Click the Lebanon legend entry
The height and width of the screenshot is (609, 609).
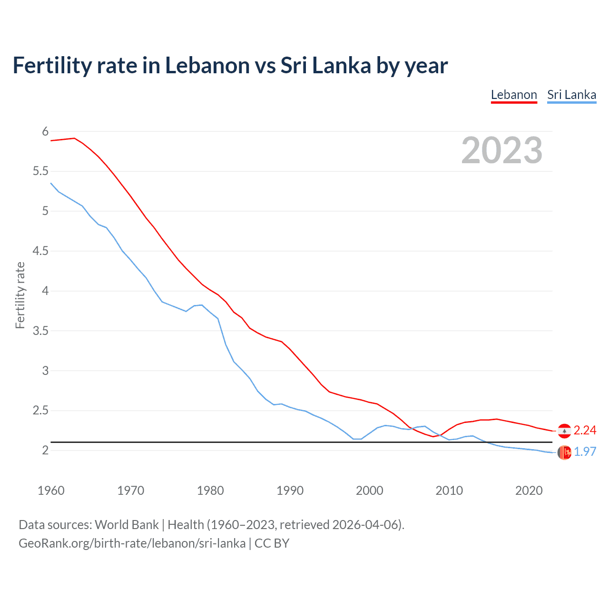[514, 95]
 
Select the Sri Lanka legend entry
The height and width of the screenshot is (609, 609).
[571, 95]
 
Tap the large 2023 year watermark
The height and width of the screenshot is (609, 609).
[501, 150]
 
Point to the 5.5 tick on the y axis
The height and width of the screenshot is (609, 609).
[41, 171]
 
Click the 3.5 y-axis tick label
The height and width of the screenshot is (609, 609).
[41, 331]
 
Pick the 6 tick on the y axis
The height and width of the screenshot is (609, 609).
[46, 131]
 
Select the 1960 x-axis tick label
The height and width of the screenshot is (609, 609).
[51, 491]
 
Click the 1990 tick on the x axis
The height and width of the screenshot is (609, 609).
[290, 491]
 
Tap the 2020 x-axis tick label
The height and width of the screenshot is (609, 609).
[529, 491]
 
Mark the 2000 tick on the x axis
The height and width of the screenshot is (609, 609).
[369, 491]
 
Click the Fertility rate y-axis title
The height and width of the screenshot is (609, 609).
[20, 295]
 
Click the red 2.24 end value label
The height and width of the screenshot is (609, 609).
[585, 430]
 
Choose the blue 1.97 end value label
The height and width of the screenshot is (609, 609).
[585, 452]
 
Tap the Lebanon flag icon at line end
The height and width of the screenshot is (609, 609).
[564, 431]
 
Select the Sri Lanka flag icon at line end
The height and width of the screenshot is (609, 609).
[564, 452]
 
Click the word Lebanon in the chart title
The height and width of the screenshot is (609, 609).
[207, 65]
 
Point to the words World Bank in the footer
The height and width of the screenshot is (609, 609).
[127, 524]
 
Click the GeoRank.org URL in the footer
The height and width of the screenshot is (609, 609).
[132, 543]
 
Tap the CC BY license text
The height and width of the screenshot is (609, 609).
[272, 543]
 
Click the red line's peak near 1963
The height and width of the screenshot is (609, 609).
[74, 138]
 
